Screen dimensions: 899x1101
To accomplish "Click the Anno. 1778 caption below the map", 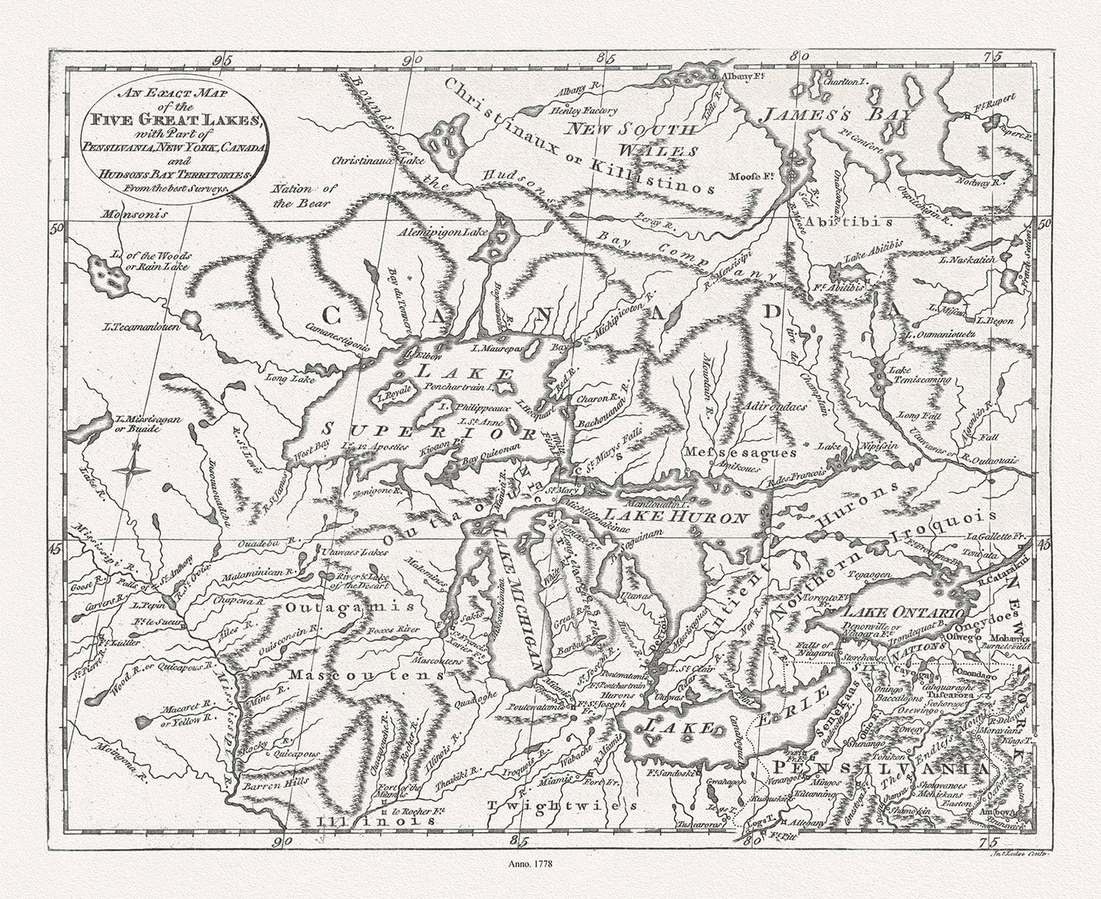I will point(531,865).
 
